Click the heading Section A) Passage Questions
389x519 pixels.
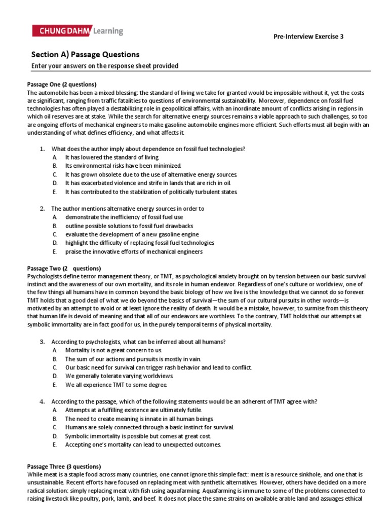coord(85,54)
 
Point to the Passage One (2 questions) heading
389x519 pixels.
coord(61,84)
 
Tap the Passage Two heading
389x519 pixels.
coord(63,268)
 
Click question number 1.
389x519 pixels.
coord(43,149)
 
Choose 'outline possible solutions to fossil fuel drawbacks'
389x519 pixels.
coord(129,226)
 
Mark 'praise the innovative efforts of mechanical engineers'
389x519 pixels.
coord(134,251)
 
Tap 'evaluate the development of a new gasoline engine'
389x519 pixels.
coord(132,234)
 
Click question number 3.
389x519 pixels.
coord(43,341)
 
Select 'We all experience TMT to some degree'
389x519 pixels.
coord(116,384)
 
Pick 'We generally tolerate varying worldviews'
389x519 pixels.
coord(120,376)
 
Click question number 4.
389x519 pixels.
coord(43,401)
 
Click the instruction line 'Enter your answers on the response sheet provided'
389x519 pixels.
coord(105,66)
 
